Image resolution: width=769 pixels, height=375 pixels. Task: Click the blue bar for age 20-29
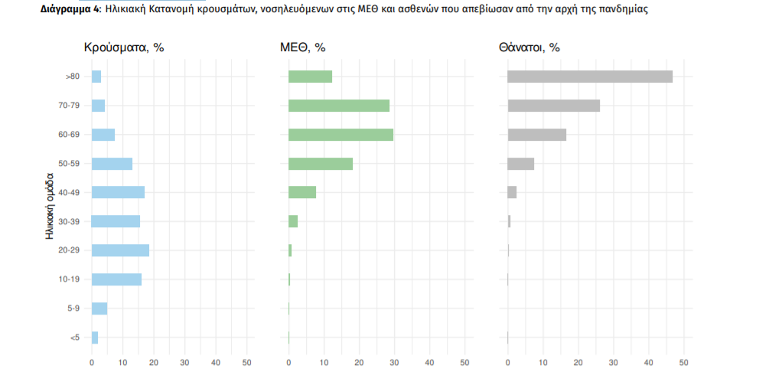tap(120, 250)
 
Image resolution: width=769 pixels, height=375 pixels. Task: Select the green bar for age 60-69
tap(341, 135)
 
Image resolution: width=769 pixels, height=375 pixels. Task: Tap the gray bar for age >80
tap(590, 77)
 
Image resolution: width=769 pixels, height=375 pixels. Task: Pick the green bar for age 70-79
tap(339, 106)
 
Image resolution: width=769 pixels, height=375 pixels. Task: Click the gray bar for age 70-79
tap(553, 106)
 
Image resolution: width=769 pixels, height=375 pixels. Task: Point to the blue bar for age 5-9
tap(99, 308)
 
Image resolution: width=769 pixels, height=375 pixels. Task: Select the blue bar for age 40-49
tap(118, 192)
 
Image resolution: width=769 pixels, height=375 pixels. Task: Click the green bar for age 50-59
tap(321, 164)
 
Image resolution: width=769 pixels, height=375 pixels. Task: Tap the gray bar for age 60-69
tap(536, 135)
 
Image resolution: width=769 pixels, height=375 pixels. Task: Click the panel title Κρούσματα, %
tap(124, 47)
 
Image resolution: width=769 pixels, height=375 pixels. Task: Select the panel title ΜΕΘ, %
tap(303, 47)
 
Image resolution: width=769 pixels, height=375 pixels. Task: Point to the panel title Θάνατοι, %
tap(529, 47)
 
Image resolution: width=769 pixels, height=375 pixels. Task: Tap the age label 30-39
tap(69, 221)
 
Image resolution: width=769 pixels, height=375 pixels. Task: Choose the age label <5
tap(74, 337)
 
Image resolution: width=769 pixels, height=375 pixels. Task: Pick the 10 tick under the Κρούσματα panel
tap(122, 362)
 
